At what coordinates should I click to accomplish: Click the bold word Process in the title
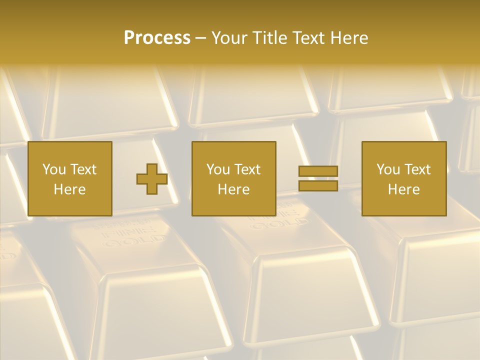(x=157, y=37)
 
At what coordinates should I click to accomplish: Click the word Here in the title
(x=350, y=37)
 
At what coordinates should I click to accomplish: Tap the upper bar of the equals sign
(x=318, y=171)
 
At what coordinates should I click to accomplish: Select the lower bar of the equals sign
(x=318, y=185)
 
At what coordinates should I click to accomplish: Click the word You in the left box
(x=54, y=169)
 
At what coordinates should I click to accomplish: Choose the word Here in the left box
(x=69, y=189)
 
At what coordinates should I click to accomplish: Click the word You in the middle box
(x=218, y=169)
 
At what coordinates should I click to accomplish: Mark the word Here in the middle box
(x=233, y=189)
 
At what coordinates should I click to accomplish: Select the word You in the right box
(x=388, y=169)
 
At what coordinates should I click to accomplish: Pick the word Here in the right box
(x=403, y=189)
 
